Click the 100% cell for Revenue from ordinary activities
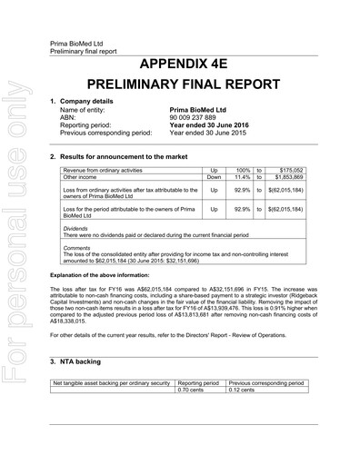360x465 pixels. click(x=242, y=169)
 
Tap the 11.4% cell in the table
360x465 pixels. click(x=242, y=176)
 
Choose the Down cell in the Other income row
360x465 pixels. click(x=215, y=176)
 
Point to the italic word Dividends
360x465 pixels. click(x=75, y=228)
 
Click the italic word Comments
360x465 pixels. click(x=76, y=247)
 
